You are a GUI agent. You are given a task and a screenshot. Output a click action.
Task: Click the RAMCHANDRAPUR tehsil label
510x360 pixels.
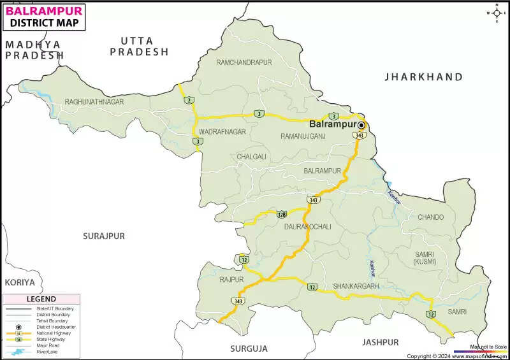click(x=244, y=62)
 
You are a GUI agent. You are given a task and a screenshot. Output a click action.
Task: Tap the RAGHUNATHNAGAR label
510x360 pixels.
click(x=94, y=102)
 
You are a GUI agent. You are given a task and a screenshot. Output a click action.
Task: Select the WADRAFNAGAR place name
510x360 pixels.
click(x=222, y=132)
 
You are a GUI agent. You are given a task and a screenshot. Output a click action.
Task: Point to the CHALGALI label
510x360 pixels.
click(x=252, y=157)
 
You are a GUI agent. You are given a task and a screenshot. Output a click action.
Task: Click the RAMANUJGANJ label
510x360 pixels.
click(x=303, y=136)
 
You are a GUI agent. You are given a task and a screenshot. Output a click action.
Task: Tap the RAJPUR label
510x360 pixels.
click(x=231, y=280)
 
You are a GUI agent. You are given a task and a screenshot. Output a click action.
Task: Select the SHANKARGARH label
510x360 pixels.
click(x=356, y=286)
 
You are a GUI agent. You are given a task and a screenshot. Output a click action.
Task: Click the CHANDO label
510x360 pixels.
click(x=430, y=217)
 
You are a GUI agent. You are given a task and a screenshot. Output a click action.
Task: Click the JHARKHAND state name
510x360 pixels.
click(x=423, y=77)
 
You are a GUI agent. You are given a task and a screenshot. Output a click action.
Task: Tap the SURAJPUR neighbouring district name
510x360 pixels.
click(x=104, y=236)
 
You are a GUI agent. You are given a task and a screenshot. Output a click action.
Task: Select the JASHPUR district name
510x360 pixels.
click(x=381, y=342)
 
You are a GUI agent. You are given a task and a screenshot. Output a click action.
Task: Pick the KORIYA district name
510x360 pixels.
click(x=20, y=282)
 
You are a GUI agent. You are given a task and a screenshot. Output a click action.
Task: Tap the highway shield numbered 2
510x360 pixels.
click(x=188, y=100)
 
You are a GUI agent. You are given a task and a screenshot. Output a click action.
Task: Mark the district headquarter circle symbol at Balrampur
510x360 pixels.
click(x=361, y=125)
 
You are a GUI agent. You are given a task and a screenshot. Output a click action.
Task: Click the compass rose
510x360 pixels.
click(x=496, y=13)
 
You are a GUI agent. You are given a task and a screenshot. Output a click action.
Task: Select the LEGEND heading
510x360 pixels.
click(x=41, y=299)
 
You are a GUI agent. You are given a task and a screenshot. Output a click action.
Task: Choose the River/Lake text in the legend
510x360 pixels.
click(x=48, y=351)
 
